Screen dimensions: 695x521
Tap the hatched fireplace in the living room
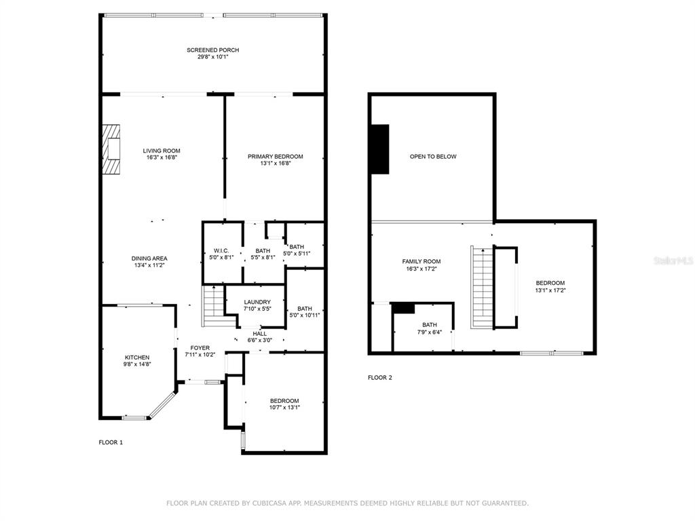112,149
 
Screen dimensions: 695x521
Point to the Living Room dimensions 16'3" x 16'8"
162,157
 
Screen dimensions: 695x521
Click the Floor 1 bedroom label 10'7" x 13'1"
284,404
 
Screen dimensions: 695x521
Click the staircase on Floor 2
482,287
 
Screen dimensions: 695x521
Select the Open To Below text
433,157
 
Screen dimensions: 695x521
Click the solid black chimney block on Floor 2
380,149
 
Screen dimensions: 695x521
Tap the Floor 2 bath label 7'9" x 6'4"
430,328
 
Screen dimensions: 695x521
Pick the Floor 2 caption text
380,377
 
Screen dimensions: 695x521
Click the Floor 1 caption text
111,442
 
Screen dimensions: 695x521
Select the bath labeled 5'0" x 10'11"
305,312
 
